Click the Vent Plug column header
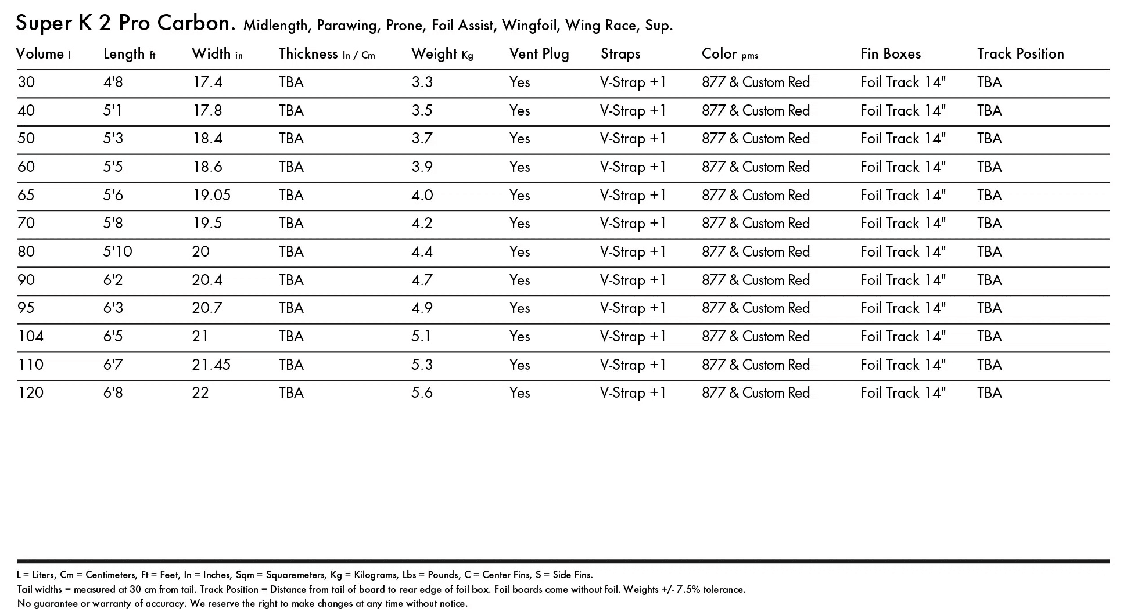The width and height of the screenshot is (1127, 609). coord(539,54)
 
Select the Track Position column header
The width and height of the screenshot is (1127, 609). coord(1020,54)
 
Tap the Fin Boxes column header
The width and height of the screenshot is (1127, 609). coord(890,54)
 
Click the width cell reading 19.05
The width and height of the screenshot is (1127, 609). coord(211,195)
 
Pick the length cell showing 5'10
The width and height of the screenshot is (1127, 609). coord(117,251)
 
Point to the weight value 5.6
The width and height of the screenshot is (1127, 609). coord(422,393)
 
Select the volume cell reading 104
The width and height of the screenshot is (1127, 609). coord(31,337)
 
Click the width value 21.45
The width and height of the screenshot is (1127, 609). coord(211,365)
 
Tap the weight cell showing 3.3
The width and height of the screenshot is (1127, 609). coord(422,82)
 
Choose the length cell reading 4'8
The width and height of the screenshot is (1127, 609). coord(113,82)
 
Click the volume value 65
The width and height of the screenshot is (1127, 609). coord(26,195)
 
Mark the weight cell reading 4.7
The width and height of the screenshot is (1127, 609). coord(422,280)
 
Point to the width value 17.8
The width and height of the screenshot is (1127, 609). coord(207,110)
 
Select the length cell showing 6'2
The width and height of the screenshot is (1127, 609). coord(113,280)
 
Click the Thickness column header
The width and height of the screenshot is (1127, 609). coord(308,54)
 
